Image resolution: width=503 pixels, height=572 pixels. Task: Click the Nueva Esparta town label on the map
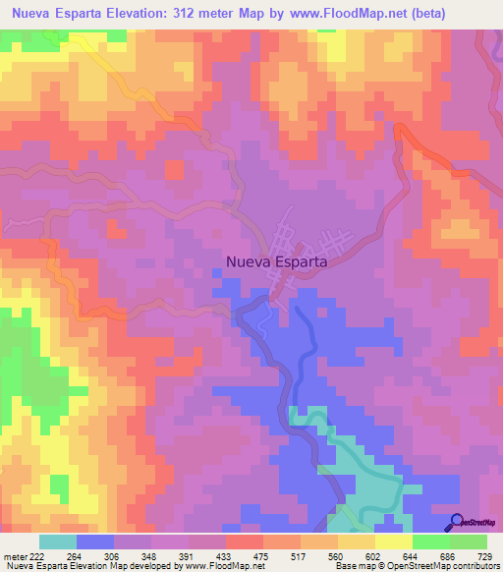pyautogui.click(x=276, y=262)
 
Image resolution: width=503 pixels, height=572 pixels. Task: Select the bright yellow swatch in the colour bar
pyautogui.click(x=393, y=542)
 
